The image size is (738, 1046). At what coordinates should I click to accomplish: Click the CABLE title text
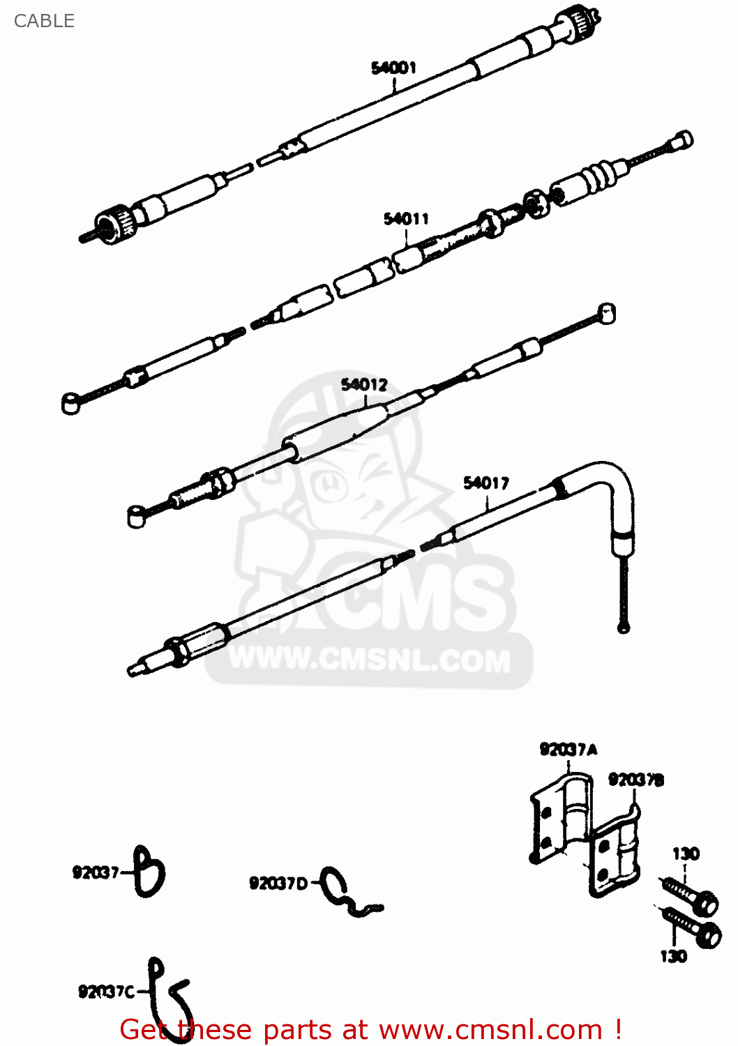click(x=44, y=21)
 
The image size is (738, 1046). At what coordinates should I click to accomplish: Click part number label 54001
click(x=393, y=68)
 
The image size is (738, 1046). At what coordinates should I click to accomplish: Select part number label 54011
click(x=406, y=219)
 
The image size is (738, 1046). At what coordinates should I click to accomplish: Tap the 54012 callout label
click(x=363, y=385)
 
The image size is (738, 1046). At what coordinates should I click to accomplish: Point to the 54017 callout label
click(x=486, y=483)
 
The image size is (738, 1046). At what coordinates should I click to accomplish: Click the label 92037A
click(x=568, y=750)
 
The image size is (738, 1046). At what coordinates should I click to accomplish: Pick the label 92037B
click(x=635, y=780)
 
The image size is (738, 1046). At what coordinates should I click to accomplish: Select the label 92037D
click(x=278, y=884)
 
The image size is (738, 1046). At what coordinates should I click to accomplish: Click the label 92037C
click(x=106, y=992)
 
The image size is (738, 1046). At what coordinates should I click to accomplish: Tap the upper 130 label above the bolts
click(x=685, y=854)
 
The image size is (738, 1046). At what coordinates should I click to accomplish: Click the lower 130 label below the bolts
click(x=673, y=956)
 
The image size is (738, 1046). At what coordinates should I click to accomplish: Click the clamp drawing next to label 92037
click(x=149, y=871)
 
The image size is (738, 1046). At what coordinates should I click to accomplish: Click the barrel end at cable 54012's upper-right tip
click(x=607, y=314)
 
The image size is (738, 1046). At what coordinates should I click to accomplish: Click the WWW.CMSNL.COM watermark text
click(x=370, y=660)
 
